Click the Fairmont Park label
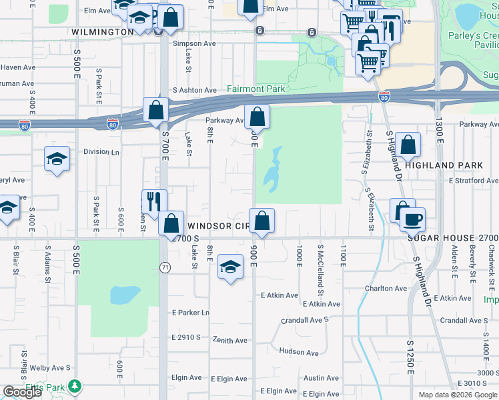click(256, 89)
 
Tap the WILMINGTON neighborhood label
click(103, 31)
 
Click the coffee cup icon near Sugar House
click(412, 218)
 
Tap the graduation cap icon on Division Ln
click(57, 159)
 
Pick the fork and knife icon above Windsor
click(153, 202)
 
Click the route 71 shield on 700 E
click(163, 267)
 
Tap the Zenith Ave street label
click(230, 341)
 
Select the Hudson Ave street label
click(299, 351)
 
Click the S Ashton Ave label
click(195, 90)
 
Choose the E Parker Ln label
click(190, 312)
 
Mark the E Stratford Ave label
click(473, 181)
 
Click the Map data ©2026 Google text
click(458, 395)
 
